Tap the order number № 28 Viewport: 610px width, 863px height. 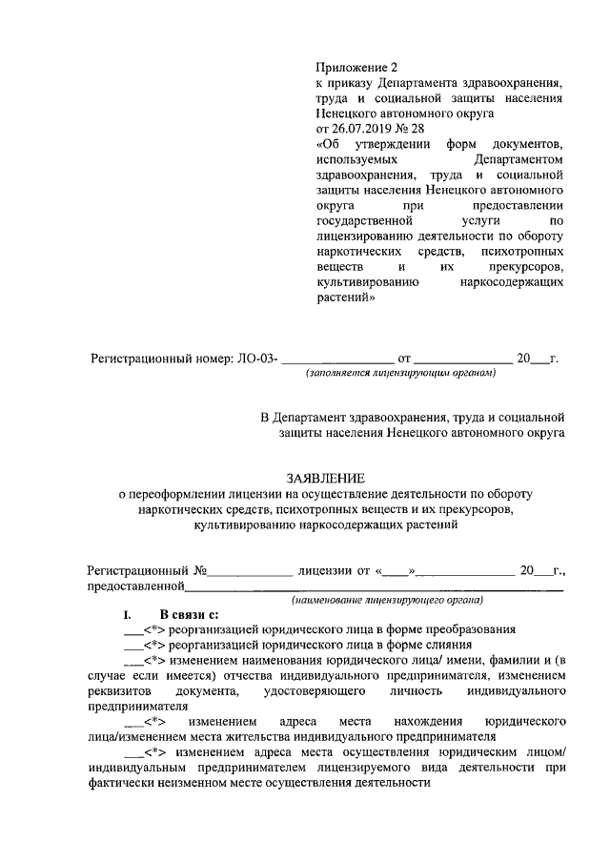[x=411, y=128]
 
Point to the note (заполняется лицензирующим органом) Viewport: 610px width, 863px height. [x=400, y=375]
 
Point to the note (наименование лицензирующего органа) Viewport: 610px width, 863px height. [x=388, y=601]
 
